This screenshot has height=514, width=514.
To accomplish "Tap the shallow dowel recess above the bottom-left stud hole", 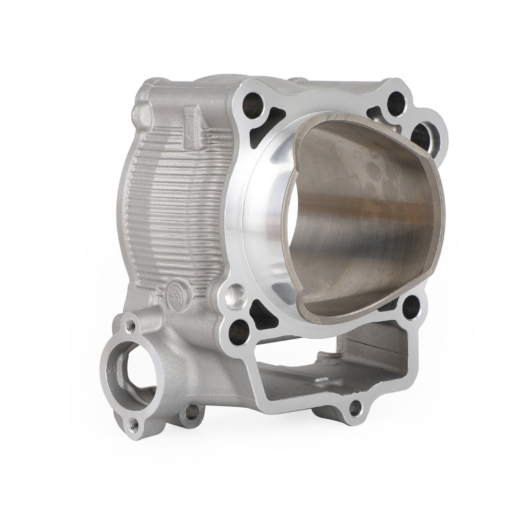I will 235,293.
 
